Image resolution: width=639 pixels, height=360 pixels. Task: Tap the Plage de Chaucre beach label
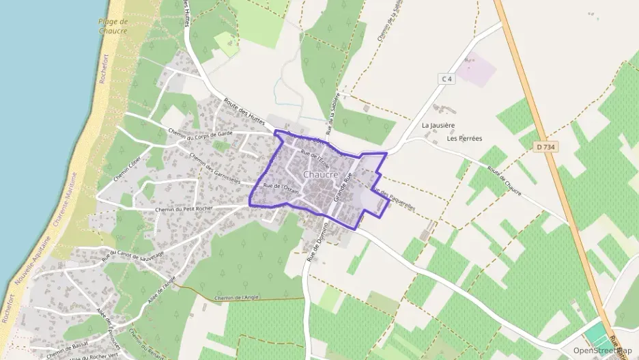coord(113,26)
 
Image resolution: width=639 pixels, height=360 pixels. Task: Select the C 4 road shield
coord(446,79)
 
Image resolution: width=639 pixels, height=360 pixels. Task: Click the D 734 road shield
coord(544,146)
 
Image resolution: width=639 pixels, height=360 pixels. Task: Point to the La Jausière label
coord(438,126)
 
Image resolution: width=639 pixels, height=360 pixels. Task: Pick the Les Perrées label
coord(464,138)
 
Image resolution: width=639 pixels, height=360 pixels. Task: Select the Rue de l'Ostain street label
coord(281,186)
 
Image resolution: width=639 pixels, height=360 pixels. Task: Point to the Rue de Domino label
coord(314,243)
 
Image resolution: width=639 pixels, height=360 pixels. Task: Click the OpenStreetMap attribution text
coord(601,350)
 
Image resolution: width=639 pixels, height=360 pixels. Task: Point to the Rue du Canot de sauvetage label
coord(132,255)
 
